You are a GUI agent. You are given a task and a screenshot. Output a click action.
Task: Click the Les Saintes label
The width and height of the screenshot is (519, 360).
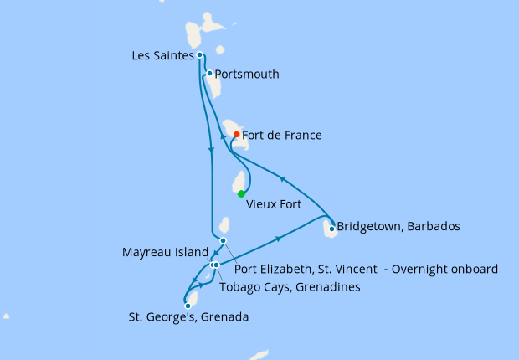coord(163,56)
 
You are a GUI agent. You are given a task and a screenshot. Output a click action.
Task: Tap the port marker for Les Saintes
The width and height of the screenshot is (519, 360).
coord(199,55)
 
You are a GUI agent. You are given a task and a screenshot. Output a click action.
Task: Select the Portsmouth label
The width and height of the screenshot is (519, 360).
coord(247,75)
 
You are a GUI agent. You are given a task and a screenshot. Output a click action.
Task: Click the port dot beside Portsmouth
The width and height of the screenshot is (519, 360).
coord(209,73)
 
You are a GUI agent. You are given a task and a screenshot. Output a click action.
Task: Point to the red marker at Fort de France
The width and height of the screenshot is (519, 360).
coord(237,134)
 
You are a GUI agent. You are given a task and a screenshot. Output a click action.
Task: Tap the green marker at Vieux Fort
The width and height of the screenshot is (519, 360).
coord(241,193)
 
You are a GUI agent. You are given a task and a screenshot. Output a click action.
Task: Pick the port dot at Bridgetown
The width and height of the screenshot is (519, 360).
coord(332,228)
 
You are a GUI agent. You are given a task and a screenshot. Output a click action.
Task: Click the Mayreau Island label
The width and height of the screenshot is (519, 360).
coord(166,251)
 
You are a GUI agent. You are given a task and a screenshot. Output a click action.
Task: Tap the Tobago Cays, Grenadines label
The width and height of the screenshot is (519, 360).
coord(290,287)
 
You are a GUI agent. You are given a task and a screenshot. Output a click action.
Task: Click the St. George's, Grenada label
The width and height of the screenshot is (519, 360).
coord(188,317)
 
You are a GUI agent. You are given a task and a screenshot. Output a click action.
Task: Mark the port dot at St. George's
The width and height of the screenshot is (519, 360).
coord(188,306)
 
